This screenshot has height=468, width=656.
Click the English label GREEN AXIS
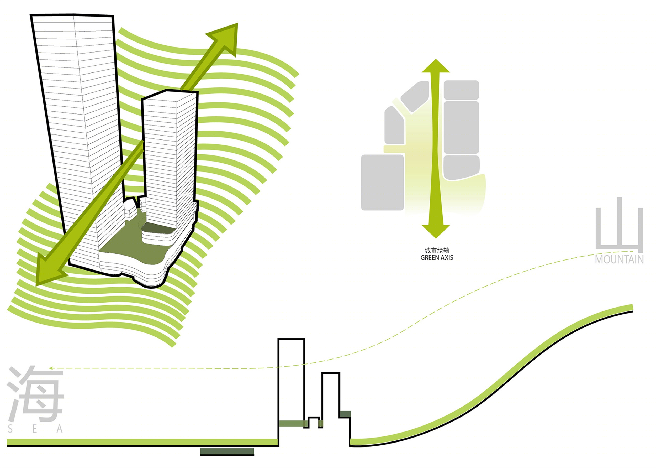[x=437, y=258]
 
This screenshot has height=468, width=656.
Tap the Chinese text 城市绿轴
[x=437, y=250]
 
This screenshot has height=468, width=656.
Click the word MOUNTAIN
[x=619, y=260]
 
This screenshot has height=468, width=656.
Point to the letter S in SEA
[x=10, y=429]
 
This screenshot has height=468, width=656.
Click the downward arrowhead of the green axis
[x=436, y=231]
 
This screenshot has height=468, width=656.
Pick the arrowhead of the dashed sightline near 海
[x=51, y=368]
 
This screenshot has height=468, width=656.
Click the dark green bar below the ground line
[x=227, y=452]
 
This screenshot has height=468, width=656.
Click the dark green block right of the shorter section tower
[x=345, y=414]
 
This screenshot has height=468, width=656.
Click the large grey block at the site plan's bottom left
[x=383, y=183]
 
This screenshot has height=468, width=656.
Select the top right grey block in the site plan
[x=461, y=90]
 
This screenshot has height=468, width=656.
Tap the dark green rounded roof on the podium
[x=158, y=228]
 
